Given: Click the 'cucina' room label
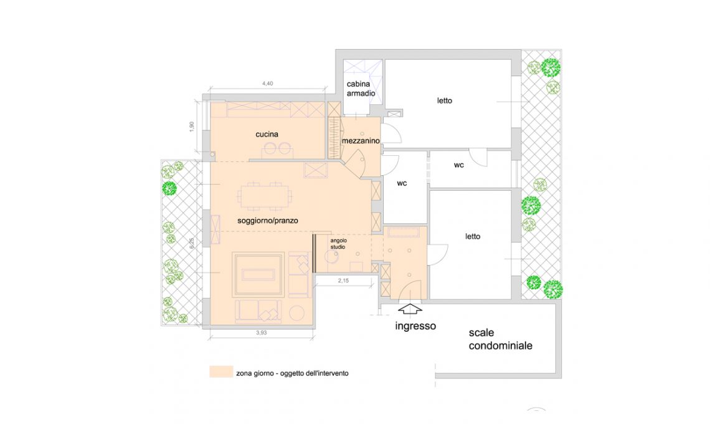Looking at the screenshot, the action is click(x=267, y=134).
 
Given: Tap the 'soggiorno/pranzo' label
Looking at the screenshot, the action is click(x=268, y=221).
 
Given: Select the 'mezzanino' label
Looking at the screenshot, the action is click(x=361, y=141).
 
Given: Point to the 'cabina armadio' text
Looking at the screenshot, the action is click(x=361, y=89).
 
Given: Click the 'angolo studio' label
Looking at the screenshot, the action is click(x=338, y=244).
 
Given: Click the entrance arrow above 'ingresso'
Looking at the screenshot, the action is click(x=410, y=309).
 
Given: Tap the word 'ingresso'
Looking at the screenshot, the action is click(x=415, y=326).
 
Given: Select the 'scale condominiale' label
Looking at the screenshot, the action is click(x=500, y=339).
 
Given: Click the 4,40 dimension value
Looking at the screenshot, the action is click(x=268, y=84).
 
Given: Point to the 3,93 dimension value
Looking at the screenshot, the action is click(x=262, y=332).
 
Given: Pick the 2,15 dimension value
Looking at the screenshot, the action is click(x=343, y=281).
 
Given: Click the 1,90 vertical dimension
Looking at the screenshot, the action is click(x=192, y=127).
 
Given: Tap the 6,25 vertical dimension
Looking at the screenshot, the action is click(x=192, y=243).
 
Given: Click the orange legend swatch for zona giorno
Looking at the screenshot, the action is click(x=221, y=372).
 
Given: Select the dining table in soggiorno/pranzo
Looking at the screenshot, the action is click(x=265, y=196).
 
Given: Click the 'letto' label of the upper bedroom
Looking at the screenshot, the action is click(x=445, y=100).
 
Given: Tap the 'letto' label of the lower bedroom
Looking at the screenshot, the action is click(x=473, y=236).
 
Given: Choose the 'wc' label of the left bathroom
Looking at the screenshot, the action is click(x=402, y=183).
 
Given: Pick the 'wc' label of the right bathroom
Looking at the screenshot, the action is click(x=458, y=165).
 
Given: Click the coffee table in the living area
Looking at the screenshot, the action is click(x=258, y=275).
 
